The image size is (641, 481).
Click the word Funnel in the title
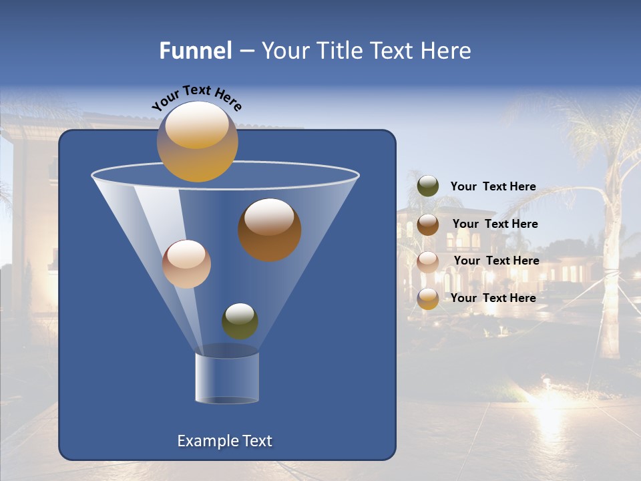(x=196, y=51)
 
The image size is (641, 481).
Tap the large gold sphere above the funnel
(x=198, y=142)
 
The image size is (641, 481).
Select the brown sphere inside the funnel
(x=270, y=230)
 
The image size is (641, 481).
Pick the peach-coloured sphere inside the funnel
(x=187, y=264)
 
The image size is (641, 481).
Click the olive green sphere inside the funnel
(x=240, y=321)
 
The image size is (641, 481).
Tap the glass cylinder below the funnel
(x=227, y=377)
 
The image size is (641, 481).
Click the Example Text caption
(x=225, y=441)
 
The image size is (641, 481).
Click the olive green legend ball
(x=428, y=186)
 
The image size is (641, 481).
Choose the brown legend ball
(x=428, y=224)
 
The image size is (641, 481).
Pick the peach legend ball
(x=428, y=261)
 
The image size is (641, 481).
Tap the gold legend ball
(x=428, y=299)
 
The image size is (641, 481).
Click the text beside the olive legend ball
(x=493, y=187)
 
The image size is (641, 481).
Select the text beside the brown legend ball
(x=495, y=224)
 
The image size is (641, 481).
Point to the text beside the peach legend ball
(x=496, y=261)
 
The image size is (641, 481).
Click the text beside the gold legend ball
(x=493, y=299)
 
